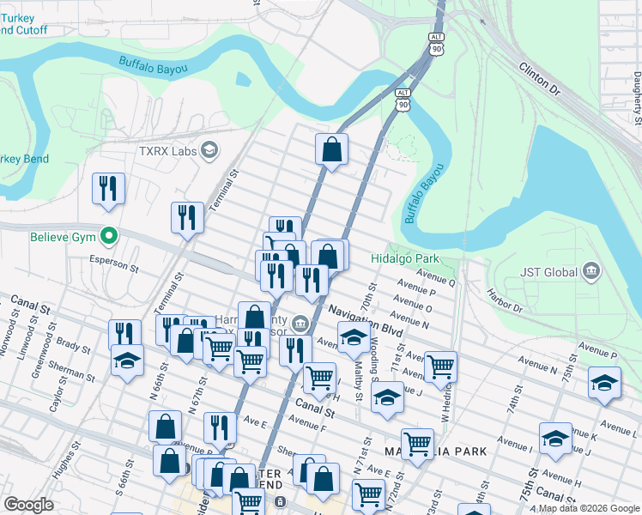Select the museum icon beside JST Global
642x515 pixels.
coord(591,272)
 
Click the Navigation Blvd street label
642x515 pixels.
coord(365,323)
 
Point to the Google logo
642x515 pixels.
coord(28,505)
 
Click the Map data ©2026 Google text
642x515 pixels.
coord(589,508)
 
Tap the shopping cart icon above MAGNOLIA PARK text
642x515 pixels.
coord(417,444)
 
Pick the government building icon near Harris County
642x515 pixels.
coord(300,324)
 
